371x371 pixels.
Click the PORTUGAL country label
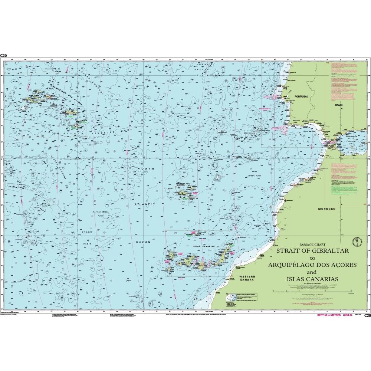[x=301, y=96]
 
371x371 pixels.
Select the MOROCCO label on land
[x=326, y=209]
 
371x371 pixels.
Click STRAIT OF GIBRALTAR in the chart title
[x=312, y=251]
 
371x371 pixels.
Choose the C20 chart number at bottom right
[x=367, y=316]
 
